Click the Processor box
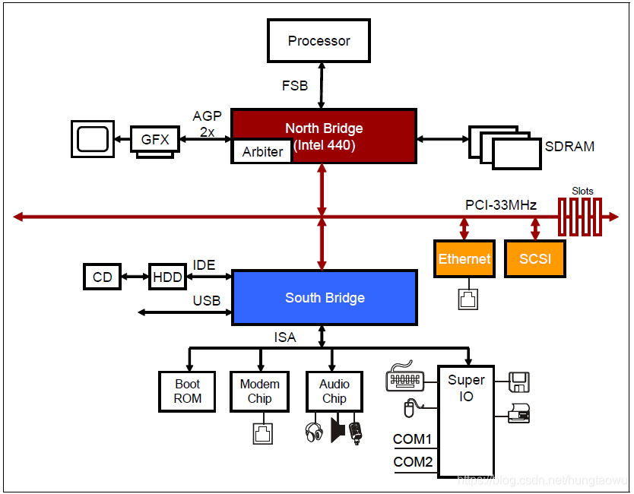(x=319, y=41)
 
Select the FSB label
(x=295, y=86)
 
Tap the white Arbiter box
(x=262, y=151)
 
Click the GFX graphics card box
(x=155, y=140)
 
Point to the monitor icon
(x=93, y=139)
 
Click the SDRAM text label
(x=569, y=146)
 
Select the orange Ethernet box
(x=464, y=259)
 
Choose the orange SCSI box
(x=534, y=259)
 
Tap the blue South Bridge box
(x=324, y=298)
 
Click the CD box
(x=102, y=277)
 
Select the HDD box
(x=167, y=277)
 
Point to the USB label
(x=207, y=301)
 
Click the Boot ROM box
(x=187, y=391)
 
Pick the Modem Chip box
(x=259, y=391)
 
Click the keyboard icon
(x=404, y=377)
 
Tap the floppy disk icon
(x=519, y=381)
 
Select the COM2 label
(x=412, y=461)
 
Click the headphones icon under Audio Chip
(x=314, y=432)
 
